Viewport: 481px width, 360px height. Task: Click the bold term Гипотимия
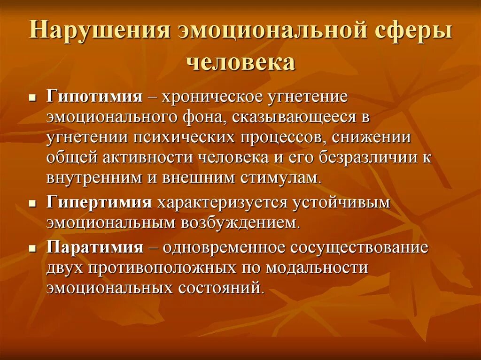[x=94, y=97]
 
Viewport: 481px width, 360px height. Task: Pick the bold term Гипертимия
[x=99, y=203]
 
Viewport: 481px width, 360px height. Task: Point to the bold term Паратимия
[x=94, y=247]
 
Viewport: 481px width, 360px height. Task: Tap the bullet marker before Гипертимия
[x=32, y=205]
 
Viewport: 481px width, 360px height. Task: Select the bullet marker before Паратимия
[x=32, y=249]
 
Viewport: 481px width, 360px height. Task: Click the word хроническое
[x=208, y=97]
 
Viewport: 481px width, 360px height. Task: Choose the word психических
[x=186, y=138]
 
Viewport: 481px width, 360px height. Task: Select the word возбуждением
[x=237, y=223]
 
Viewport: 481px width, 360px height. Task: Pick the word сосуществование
[x=359, y=247]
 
